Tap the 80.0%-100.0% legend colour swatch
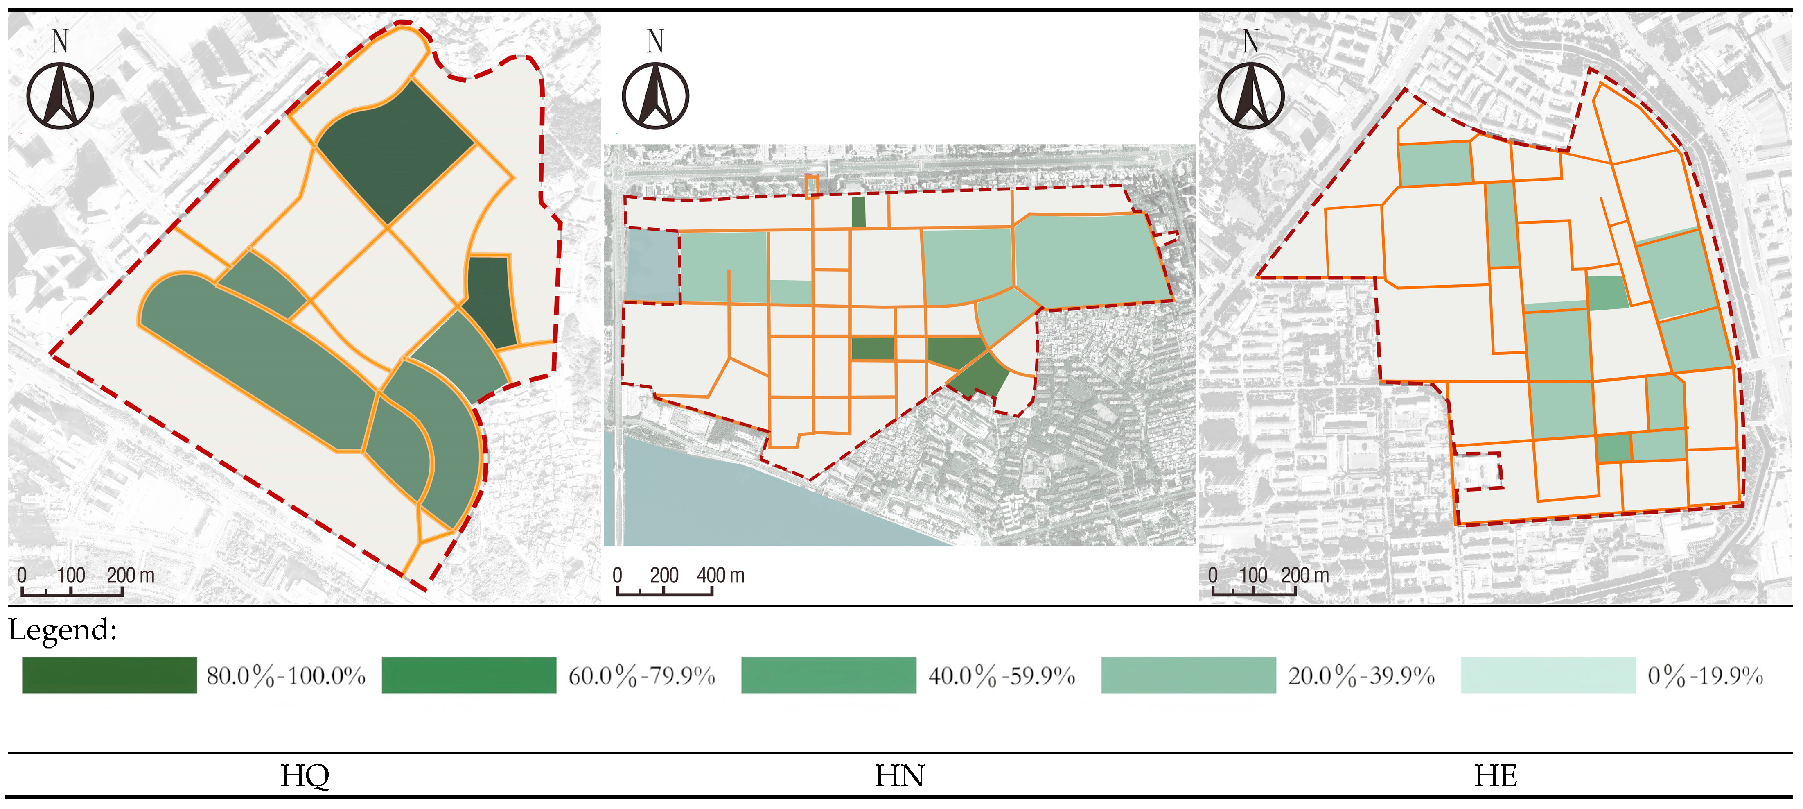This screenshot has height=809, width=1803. [x=109, y=675]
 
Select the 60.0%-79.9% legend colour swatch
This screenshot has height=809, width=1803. [x=469, y=675]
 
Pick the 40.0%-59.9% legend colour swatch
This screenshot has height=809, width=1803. [x=829, y=675]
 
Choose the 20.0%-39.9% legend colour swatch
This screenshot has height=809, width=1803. [x=1189, y=675]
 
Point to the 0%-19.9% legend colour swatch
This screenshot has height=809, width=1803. [x=1548, y=675]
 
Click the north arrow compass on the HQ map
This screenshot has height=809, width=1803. [x=60, y=95]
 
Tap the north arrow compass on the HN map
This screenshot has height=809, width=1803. [x=656, y=95]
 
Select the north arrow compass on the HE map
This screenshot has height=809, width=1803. [x=1251, y=95]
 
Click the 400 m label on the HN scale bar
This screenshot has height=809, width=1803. [x=720, y=576]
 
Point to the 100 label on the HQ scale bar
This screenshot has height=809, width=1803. [x=71, y=576]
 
